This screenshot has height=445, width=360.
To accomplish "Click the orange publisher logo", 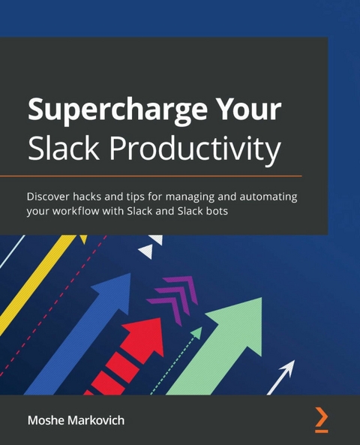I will [x=321, y=419].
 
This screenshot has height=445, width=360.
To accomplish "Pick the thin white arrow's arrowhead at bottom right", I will [x=287, y=369].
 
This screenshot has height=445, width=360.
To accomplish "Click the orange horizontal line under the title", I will [x=165, y=176].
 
